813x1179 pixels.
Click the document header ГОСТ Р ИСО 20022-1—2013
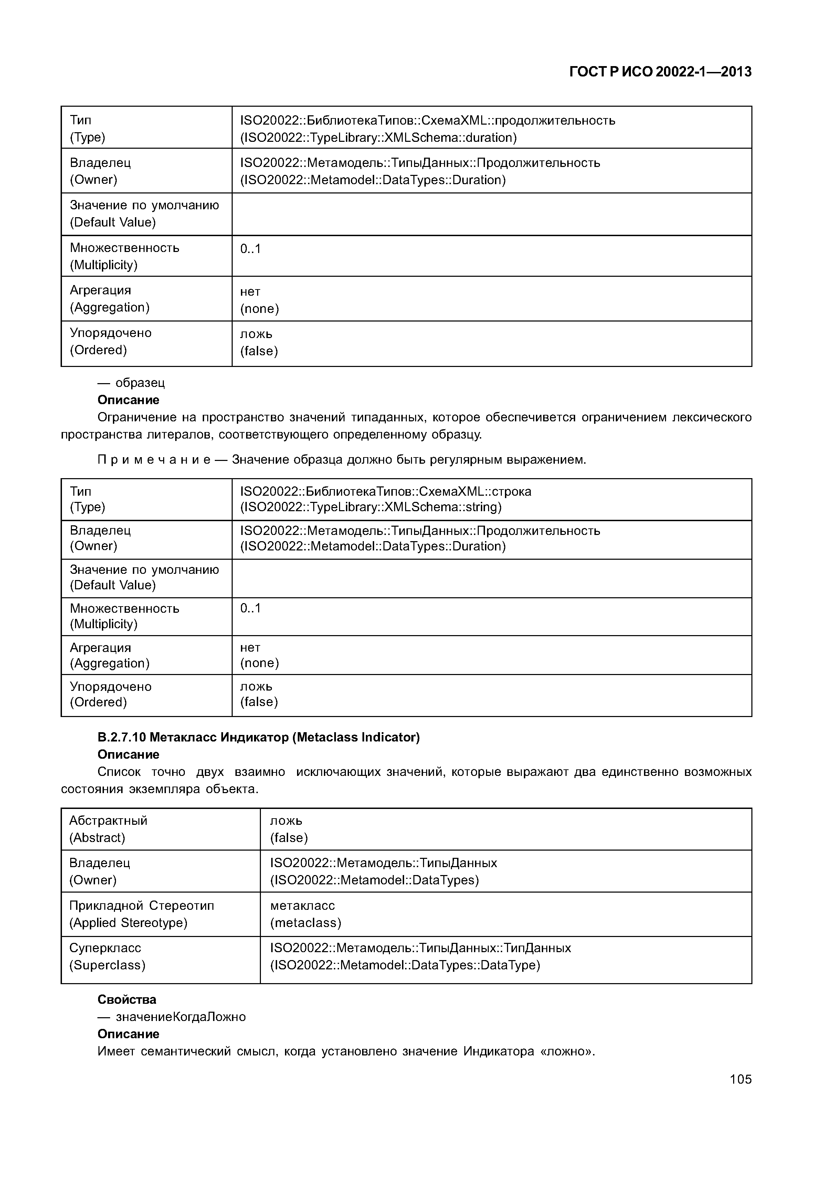[660, 72]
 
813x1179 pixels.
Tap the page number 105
[740, 1079]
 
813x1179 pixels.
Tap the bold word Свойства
[127, 999]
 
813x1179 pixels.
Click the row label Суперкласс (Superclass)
[107, 956]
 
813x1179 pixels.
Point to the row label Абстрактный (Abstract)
[108, 829]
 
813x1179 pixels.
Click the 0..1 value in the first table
[250, 249]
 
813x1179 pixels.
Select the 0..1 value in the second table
[250, 608]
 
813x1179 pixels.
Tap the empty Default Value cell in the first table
[491, 214]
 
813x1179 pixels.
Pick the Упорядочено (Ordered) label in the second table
[110, 694]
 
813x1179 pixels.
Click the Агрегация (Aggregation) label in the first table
[109, 298]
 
